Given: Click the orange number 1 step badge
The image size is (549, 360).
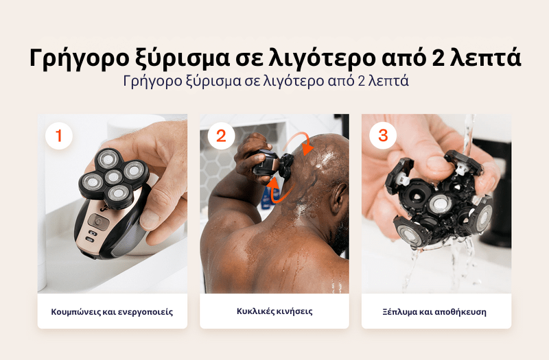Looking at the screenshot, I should pos(59,136).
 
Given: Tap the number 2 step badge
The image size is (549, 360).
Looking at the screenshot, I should pos(221,136).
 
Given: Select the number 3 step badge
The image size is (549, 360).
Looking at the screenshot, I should pos(383,136).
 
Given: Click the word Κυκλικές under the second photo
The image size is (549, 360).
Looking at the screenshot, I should pos(255,311).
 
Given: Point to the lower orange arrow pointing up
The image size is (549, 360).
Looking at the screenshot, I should pos(272,191).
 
